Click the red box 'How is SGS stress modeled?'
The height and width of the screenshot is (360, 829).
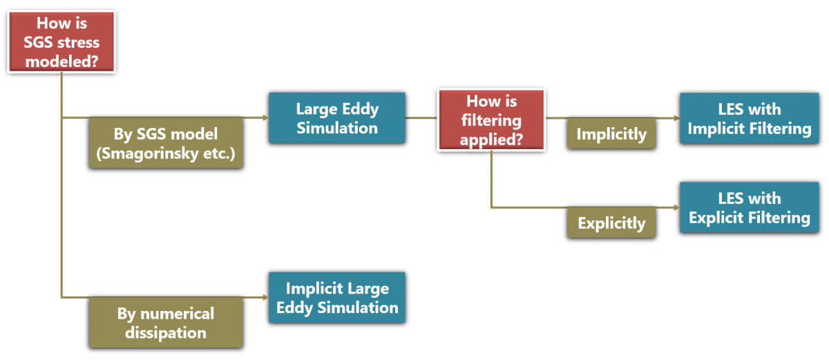point(61,42)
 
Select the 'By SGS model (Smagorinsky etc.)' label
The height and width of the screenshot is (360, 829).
point(166,143)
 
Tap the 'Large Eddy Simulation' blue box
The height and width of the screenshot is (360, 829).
point(336,118)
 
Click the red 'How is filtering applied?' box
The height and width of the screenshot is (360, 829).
point(491,119)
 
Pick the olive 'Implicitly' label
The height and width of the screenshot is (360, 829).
point(611,133)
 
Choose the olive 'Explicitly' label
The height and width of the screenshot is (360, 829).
point(611,223)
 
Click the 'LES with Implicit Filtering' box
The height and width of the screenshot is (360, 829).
point(749,118)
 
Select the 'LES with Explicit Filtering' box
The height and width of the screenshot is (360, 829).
point(749,208)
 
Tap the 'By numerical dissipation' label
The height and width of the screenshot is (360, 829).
point(166,323)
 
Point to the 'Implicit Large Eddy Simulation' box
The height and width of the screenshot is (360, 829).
point(336,297)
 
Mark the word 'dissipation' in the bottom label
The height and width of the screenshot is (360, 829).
point(166,332)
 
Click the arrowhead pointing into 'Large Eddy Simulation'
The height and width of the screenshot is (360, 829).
point(265,118)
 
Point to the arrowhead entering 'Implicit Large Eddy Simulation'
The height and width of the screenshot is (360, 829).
point(265,297)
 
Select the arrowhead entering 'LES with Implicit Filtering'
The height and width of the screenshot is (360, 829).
point(676,118)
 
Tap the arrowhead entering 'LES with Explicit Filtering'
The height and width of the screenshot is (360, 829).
point(676,207)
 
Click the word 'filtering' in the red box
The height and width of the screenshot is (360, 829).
point(491,119)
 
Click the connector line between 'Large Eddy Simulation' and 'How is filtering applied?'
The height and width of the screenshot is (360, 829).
point(421,118)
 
